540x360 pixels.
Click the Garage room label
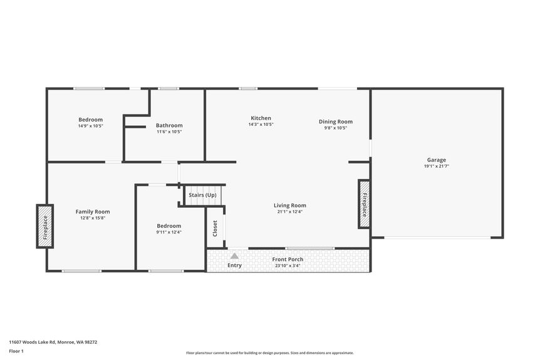tap(437, 160)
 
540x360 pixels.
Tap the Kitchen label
tap(261, 118)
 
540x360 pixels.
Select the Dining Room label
tap(336, 121)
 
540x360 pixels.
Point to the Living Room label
tap(289, 205)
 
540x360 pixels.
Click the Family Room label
tap(93, 212)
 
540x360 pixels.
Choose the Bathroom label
tap(169, 125)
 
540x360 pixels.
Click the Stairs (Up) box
tap(202, 195)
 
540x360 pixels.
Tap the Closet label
tap(215, 228)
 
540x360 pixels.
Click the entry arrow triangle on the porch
tap(234, 255)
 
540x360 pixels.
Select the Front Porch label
tap(288, 259)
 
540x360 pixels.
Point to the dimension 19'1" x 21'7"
tap(437, 166)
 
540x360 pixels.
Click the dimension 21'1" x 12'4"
tap(289, 212)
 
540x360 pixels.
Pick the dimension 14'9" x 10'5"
tap(90, 126)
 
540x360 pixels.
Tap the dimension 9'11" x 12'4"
tap(169, 232)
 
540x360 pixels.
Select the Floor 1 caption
tap(16, 351)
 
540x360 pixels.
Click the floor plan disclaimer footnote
tap(269, 353)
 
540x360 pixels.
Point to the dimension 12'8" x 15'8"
tap(93, 218)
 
